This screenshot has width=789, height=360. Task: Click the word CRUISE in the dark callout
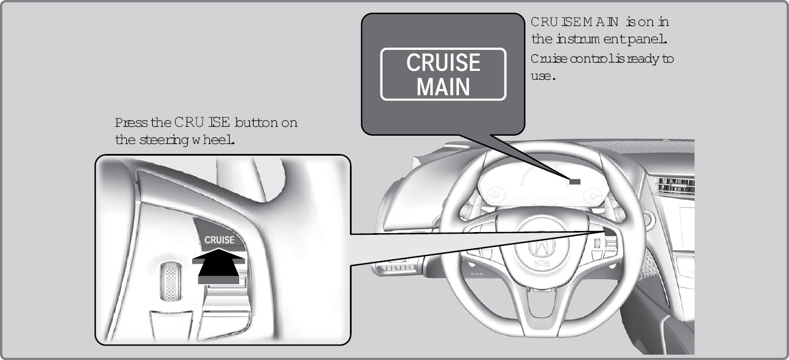click(x=443, y=63)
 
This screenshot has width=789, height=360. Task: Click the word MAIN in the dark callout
click(x=443, y=88)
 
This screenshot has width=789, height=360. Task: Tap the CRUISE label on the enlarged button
click(x=220, y=240)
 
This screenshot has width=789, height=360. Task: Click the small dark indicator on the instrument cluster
click(x=574, y=181)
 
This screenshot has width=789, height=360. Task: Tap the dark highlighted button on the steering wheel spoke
click(x=608, y=233)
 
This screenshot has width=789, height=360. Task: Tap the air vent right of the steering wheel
click(x=673, y=186)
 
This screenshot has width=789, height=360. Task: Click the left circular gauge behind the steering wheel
click(x=494, y=194)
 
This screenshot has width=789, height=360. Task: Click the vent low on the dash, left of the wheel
click(x=396, y=268)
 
